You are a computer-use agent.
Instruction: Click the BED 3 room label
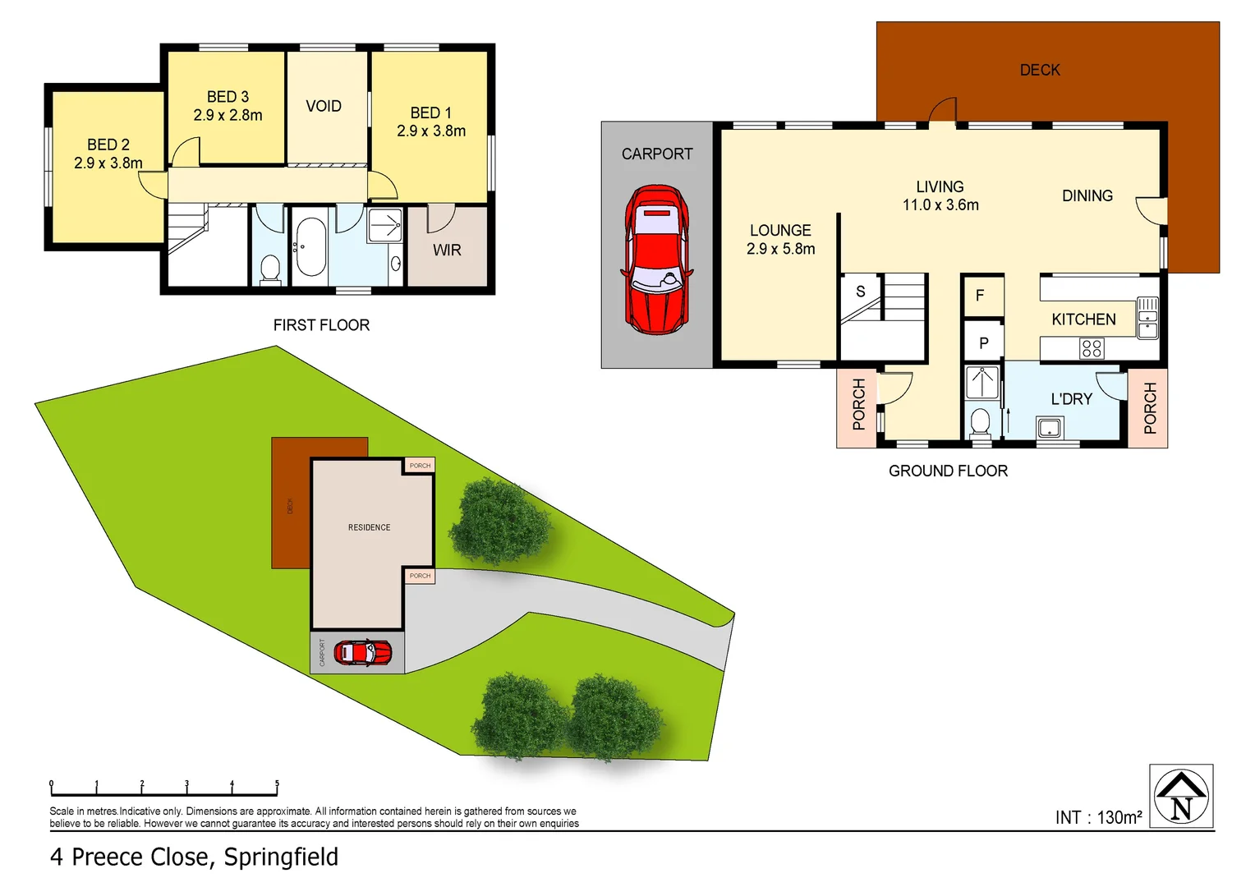[228, 98]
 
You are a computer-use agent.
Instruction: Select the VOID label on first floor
[324, 106]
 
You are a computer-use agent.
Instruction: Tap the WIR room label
[447, 250]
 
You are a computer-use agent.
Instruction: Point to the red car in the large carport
[657, 259]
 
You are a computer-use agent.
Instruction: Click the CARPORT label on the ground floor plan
[657, 154]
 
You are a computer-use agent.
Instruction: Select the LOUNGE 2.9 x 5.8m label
[780, 239]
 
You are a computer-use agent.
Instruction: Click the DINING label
[1087, 195]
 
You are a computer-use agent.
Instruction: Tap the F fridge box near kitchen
[980, 296]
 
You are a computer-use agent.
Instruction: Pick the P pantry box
[983, 343]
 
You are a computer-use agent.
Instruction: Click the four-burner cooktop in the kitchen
[1092, 349]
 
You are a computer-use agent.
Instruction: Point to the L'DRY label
[1071, 399]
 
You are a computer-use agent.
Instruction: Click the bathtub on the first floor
[310, 246]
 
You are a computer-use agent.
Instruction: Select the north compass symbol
[1181, 797]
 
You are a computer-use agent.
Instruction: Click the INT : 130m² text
[1098, 817]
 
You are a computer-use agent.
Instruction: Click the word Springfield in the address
[281, 857]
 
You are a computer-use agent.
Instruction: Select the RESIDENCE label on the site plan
[369, 527]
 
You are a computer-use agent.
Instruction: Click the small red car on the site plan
[362, 653]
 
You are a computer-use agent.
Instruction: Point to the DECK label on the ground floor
[1040, 71]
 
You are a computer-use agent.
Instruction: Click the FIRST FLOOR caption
[321, 325]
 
